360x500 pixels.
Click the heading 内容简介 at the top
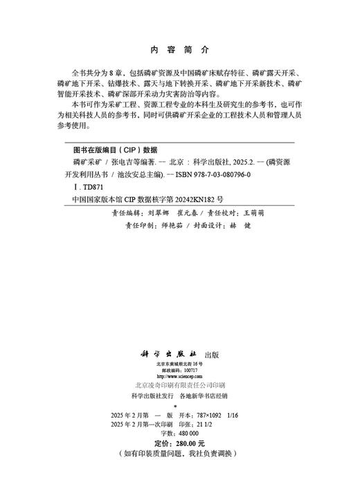pyautogui.click(x=179, y=51)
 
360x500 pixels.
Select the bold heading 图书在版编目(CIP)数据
pyautogui.click(x=110, y=150)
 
